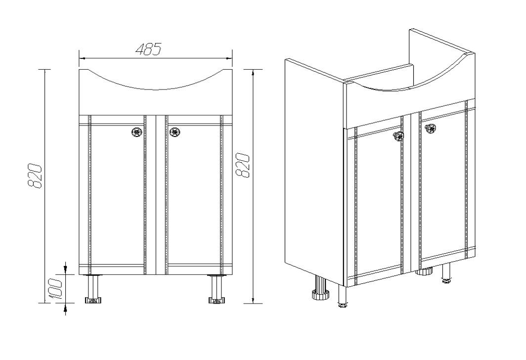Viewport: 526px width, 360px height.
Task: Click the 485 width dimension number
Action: pyautogui.click(x=149, y=49)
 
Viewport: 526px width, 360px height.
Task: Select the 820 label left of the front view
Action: pyautogui.click(x=35, y=176)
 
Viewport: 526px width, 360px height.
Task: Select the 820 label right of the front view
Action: pyautogui.click(x=243, y=165)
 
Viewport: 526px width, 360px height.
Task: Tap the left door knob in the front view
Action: pyautogui.click(x=137, y=132)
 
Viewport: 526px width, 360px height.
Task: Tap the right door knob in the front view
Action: pyautogui.click(x=175, y=132)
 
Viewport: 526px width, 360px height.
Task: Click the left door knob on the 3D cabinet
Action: pyautogui.click(x=398, y=136)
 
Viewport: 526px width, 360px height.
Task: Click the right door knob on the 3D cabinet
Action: pyautogui.click(x=431, y=128)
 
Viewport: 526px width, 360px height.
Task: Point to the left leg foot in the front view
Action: pyautogui.click(x=93, y=300)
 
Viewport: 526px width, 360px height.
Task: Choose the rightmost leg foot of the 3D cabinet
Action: pyautogui.click(x=446, y=281)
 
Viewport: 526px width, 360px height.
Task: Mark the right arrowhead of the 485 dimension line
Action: pyautogui.click(x=229, y=58)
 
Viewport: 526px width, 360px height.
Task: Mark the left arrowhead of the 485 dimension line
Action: pyautogui.click(x=83, y=58)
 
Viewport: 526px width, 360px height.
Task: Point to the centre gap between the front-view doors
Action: pyautogui.click(x=156, y=195)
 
